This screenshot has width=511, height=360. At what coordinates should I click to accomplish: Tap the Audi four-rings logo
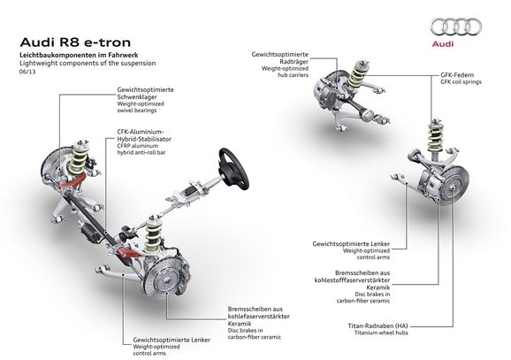[455, 27]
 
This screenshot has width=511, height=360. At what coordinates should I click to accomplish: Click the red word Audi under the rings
[443, 43]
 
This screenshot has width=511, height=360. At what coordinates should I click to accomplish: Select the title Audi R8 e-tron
[75, 42]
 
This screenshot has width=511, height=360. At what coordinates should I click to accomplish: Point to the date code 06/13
[27, 72]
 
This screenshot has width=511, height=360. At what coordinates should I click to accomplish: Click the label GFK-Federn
[457, 75]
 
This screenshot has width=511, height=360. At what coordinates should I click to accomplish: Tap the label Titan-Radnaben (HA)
[378, 326]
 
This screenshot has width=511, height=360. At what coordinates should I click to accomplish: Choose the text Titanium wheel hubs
[381, 333]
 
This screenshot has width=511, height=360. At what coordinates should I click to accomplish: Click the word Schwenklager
[137, 96]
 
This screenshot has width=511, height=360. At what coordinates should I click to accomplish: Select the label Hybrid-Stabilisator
[144, 139]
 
